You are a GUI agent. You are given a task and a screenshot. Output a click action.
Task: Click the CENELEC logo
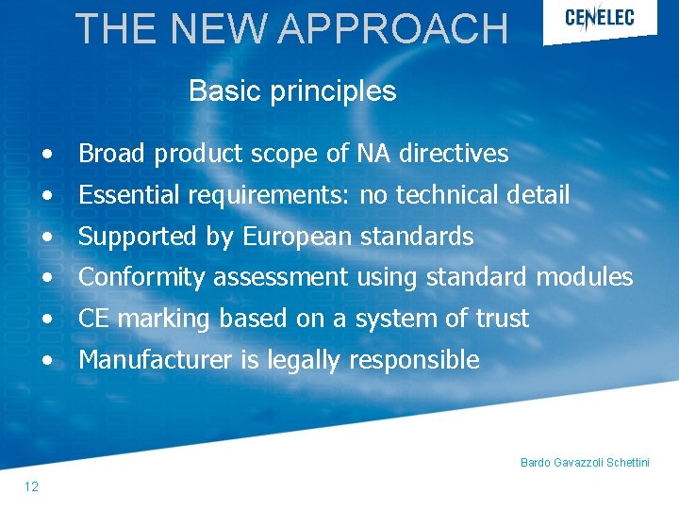[x=599, y=18]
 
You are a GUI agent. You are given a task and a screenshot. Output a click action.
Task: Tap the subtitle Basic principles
[x=292, y=91]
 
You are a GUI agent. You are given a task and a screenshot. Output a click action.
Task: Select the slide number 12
[x=31, y=486]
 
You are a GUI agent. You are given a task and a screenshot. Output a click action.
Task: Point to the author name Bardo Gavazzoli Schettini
[x=585, y=463]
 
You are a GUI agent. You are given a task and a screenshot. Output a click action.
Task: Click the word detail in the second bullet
[x=538, y=195]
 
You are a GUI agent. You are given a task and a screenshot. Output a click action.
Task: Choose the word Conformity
[x=142, y=277]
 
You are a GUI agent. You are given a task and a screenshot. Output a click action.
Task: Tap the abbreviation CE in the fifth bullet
[x=94, y=319]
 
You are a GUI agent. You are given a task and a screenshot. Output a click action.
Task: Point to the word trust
[x=502, y=319]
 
